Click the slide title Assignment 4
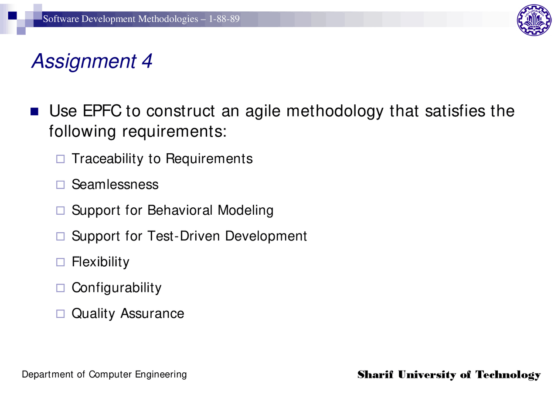[x=92, y=61]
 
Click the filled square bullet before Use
[x=34, y=112]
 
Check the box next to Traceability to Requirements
[x=60, y=159]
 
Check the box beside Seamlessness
[x=60, y=185]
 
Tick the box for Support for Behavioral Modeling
[x=60, y=211]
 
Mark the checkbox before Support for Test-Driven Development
[x=60, y=237]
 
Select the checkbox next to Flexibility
[x=60, y=262]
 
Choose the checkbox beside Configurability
[x=60, y=288]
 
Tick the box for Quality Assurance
[x=60, y=314]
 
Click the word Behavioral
[x=180, y=210]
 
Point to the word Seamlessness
[x=115, y=185]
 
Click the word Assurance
[x=152, y=313]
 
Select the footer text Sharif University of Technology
[x=449, y=375]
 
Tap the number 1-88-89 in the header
[x=224, y=19]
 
